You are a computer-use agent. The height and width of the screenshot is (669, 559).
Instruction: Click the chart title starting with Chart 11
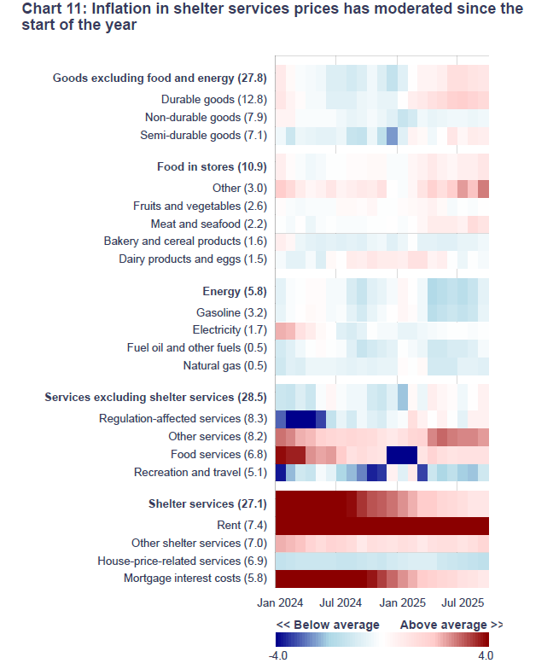(272, 17)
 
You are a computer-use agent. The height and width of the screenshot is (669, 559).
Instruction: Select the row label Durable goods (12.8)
(215, 100)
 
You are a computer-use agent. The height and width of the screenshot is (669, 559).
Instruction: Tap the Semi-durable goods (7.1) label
(204, 135)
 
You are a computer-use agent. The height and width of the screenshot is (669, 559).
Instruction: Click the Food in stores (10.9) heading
(213, 166)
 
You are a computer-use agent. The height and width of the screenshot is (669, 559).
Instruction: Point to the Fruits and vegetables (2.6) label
(201, 206)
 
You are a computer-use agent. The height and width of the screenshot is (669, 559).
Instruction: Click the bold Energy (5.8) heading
(235, 292)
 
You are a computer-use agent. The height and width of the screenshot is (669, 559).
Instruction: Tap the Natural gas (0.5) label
(225, 365)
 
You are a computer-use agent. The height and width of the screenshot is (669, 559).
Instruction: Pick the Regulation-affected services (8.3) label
(183, 419)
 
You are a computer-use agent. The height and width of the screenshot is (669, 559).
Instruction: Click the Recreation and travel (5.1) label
(201, 472)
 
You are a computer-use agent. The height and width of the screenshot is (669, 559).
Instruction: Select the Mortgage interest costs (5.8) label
(195, 579)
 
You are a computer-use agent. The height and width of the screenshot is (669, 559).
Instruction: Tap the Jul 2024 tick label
(340, 603)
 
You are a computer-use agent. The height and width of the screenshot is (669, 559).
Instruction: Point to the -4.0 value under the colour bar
(279, 655)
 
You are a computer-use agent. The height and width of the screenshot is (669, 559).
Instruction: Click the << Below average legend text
(328, 625)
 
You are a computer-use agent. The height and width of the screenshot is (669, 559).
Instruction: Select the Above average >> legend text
(451, 625)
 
